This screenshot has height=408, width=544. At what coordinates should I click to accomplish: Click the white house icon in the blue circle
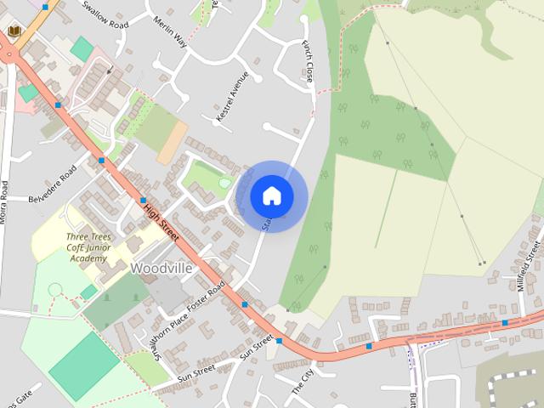pyautogui.click(x=272, y=195)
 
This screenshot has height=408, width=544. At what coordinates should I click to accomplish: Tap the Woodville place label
pyautogui.click(x=161, y=268)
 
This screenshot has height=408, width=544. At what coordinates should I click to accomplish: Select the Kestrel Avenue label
pyautogui.click(x=232, y=96)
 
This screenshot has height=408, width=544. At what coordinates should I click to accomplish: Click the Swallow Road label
pyautogui.click(x=105, y=14)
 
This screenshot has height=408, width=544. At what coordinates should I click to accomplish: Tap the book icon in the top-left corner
pyautogui.click(x=14, y=31)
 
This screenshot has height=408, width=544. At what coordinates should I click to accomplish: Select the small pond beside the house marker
pyautogui.click(x=224, y=182)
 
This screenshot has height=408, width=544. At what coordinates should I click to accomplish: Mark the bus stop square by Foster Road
pyautogui.click(x=245, y=303)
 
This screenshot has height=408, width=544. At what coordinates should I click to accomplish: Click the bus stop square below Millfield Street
pyautogui.click(x=505, y=322)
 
